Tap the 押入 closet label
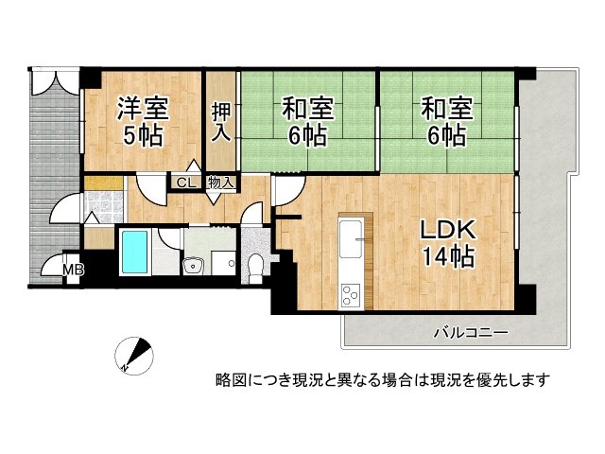pos(221,121)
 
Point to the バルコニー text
pos(471,332)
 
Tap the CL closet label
pos(185,183)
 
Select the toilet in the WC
pos(254,268)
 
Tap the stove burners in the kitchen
pos(350,295)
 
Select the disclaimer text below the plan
pos(383,380)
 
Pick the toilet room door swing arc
pos(252,215)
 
